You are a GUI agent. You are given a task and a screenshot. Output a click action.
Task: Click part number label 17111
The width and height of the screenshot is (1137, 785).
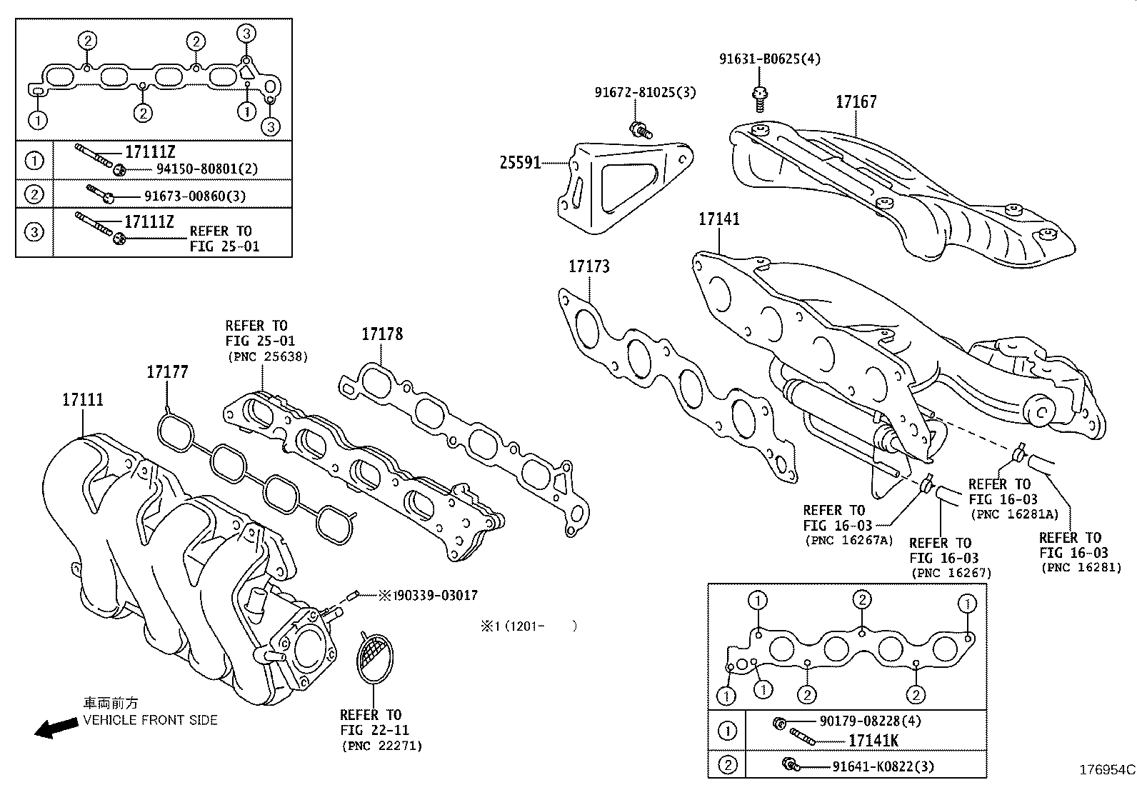pyautogui.click(x=82, y=400)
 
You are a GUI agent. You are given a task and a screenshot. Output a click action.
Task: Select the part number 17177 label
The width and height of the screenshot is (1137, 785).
pyautogui.click(x=167, y=371)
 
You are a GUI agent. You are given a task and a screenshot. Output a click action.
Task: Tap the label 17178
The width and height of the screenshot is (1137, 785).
pyautogui.click(x=381, y=334)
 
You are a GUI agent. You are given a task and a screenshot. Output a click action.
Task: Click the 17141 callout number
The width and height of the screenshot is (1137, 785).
pyautogui.click(x=718, y=219)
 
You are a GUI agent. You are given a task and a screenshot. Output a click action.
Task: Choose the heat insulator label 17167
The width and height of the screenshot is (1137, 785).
pyautogui.click(x=856, y=102)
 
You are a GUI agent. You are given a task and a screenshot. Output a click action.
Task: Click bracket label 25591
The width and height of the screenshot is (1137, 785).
pyautogui.click(x=519, y=164)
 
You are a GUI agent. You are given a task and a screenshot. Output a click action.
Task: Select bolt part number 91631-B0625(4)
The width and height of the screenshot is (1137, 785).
pyautogui.click(x=769, y=59)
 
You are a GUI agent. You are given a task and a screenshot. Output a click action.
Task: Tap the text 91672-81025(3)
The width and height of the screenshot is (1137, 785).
pyautogui.click(x=645, y=92)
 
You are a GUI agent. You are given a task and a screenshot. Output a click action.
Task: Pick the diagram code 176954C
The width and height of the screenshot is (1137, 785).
pyautogui.click(x=1106, y=770)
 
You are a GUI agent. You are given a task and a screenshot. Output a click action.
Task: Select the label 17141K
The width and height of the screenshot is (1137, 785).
pyautogui.click(x=873, y=741)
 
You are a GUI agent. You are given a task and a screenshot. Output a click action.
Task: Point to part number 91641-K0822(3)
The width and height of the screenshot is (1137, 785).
pyautogui.click(x=883, y=766)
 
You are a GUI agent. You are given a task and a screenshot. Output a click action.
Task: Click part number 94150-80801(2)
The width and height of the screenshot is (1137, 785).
pyautogui.click(x=206, y=169)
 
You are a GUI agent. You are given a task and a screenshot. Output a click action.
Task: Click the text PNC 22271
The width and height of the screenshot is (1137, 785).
pyautogui.click(x=381, y=746)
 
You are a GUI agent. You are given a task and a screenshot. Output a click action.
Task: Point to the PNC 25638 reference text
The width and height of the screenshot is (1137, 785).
pyautogui.click(x=267, y=356)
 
